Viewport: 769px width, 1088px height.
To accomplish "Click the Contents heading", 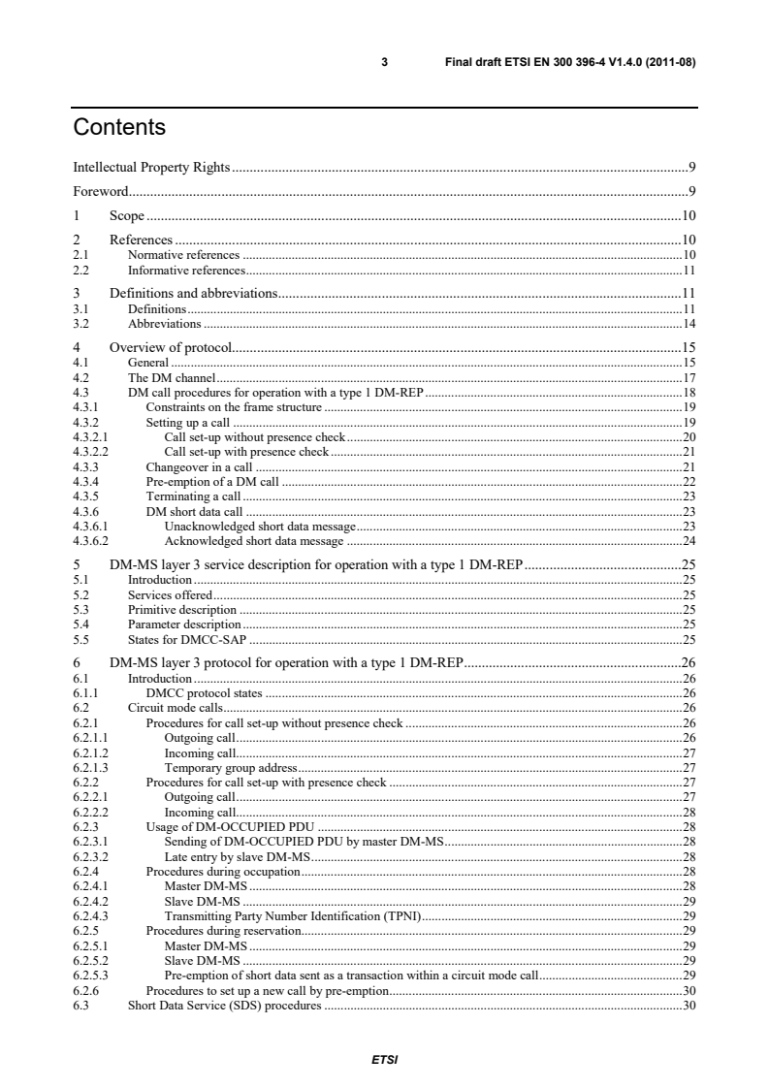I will click(x=119, y=127).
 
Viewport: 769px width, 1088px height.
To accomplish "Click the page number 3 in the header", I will click(x=385, y=63).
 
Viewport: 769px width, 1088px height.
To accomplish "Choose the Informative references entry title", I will click(x=186, y=271).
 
